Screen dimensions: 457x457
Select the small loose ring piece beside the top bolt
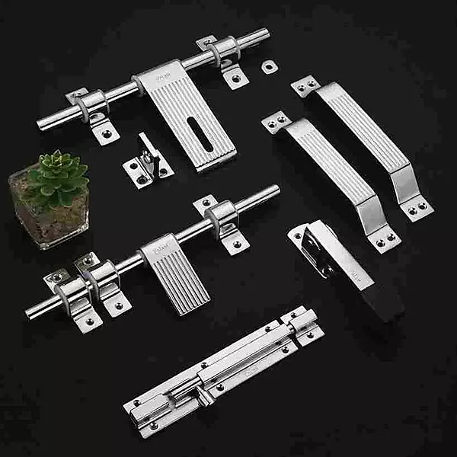pyautogui.click(x=268, y=66)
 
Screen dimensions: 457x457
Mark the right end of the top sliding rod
pyautogui.click(x=264, y=34)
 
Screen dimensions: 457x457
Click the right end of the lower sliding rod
pyautogui.click(x=273, y=191)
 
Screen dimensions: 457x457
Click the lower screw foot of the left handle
pyautogui.click(x=385, y=239)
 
